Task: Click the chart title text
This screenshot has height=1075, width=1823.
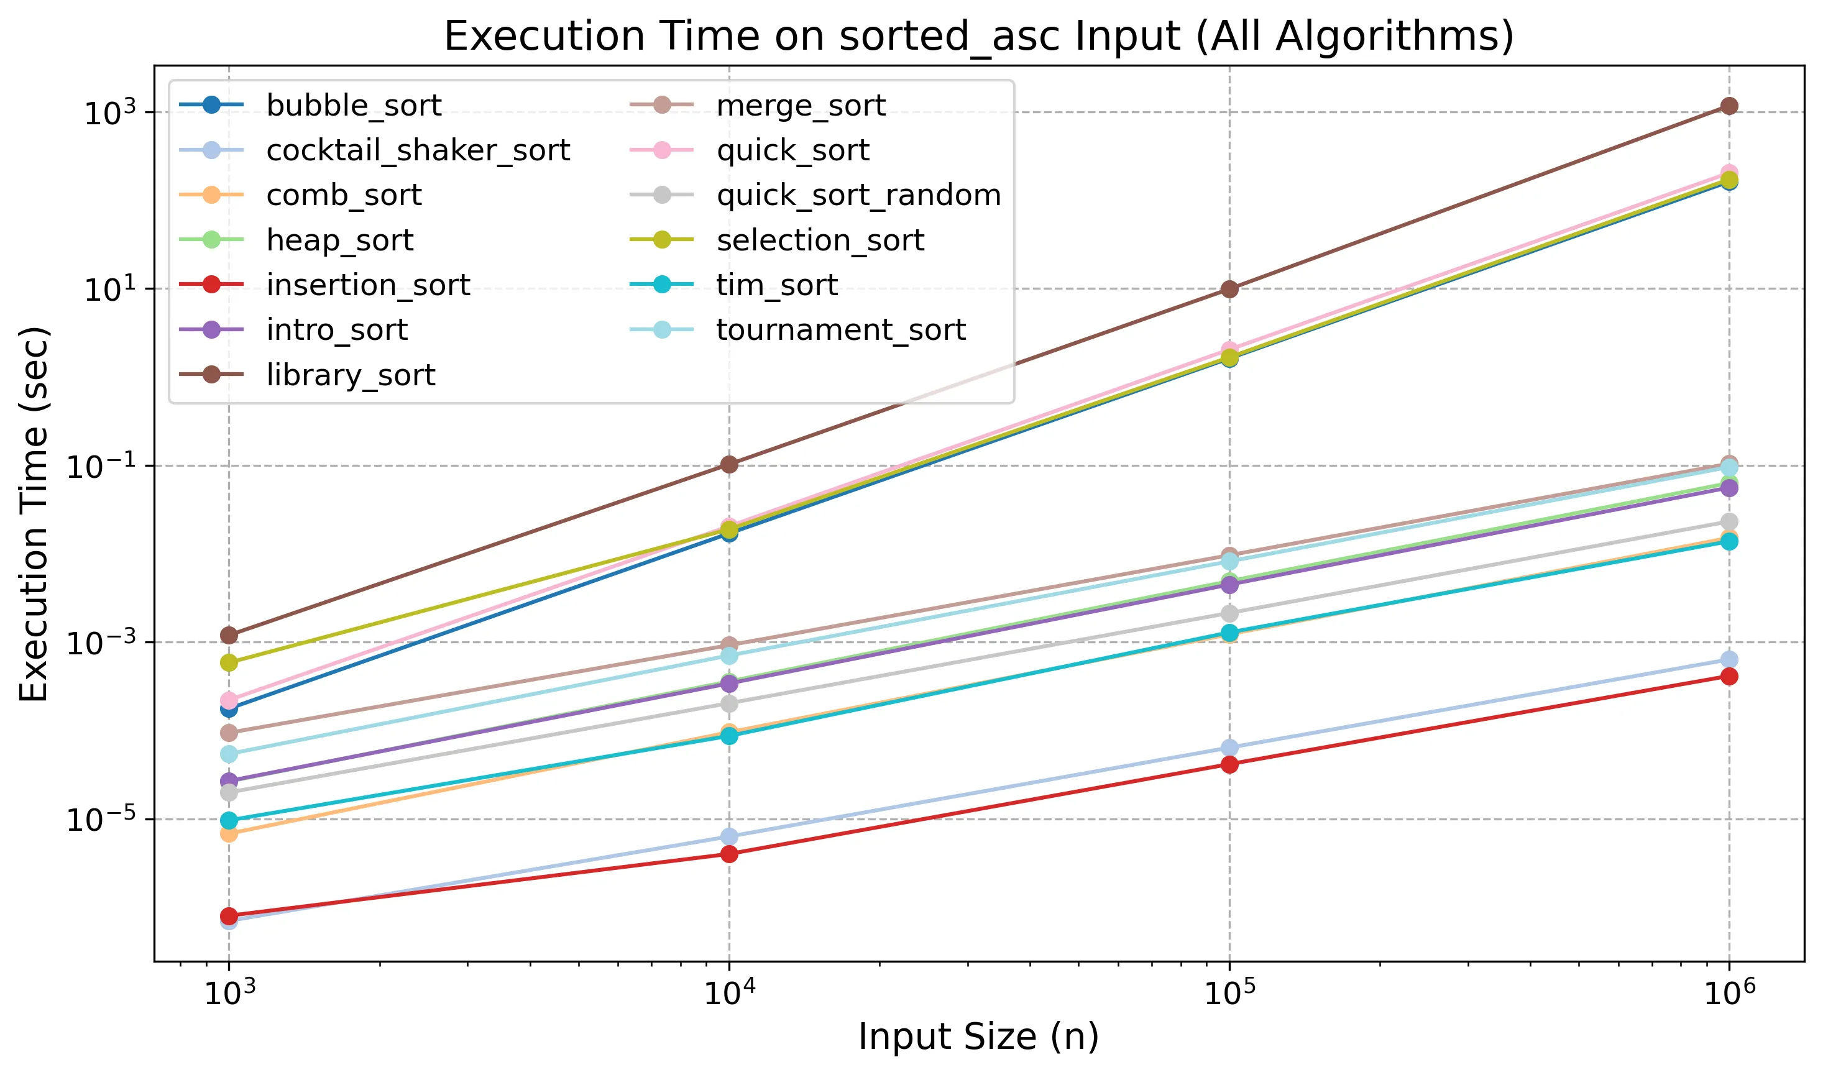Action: click(978, 36)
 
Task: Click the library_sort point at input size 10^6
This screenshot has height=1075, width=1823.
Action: click(1729, 106)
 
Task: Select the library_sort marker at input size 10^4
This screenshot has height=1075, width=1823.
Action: click(730, 464)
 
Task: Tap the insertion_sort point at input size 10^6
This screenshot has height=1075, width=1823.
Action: click(1729, 677)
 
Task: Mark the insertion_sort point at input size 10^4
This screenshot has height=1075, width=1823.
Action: click(730, 854)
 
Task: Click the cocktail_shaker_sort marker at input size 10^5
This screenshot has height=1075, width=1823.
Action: click(1229, 748)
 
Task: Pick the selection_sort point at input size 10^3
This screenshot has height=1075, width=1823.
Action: click(229, 663)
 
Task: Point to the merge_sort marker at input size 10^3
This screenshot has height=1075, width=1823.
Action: click(229, 733)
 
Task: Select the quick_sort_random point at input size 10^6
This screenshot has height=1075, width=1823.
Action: click(1729, 521)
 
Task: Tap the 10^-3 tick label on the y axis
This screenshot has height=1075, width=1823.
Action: click(101, 643)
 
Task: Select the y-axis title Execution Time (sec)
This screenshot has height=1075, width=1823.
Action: click(34, 515)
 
